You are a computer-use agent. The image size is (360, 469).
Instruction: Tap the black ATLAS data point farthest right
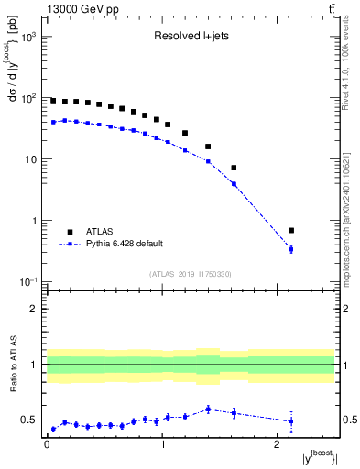click(317, 230)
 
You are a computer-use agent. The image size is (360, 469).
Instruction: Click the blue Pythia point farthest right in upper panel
click(317, 249)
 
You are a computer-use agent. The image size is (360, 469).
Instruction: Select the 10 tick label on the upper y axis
click(29, 159)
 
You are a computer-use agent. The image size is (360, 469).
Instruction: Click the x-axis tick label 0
click(46, 445)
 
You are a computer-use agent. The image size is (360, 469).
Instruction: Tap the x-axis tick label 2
click(278, 445)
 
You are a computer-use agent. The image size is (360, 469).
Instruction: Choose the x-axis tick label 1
click(162, 445)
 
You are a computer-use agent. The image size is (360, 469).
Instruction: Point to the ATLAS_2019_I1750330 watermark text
click(191, 274)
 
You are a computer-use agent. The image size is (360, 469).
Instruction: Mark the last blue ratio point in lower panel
click(317, 421)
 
